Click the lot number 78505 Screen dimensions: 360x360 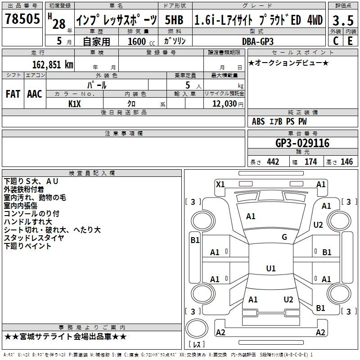[x=22, y=18]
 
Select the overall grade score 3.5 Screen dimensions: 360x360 [x=343, y=20]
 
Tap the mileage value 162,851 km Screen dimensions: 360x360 [x=53, y=64]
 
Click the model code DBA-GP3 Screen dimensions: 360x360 [x=258, y=41]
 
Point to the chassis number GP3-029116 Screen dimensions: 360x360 [x=302, y=143]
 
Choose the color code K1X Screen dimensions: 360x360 [x=75, y=104]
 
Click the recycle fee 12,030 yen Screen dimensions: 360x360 [x=228, y=104]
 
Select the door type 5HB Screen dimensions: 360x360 [x=174, y=20]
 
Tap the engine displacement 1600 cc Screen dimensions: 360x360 [x=141, y=41]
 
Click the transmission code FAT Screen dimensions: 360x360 [x=13, y=94]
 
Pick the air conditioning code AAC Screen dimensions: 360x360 [x=35, y=94]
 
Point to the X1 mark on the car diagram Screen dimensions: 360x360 [x=220, y=184]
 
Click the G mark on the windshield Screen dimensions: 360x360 [x=284, y=237]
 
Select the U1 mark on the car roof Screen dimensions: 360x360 [x=271, y=268]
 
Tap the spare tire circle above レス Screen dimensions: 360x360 [x=197, y=328]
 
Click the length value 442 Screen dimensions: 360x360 [x=273, y=162]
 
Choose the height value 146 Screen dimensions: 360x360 [x=346, y=162]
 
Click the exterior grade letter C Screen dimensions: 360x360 [x=336, y=41]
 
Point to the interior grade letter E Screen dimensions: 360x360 [x=350, y=41]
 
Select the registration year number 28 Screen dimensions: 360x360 [x=59, y=24]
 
